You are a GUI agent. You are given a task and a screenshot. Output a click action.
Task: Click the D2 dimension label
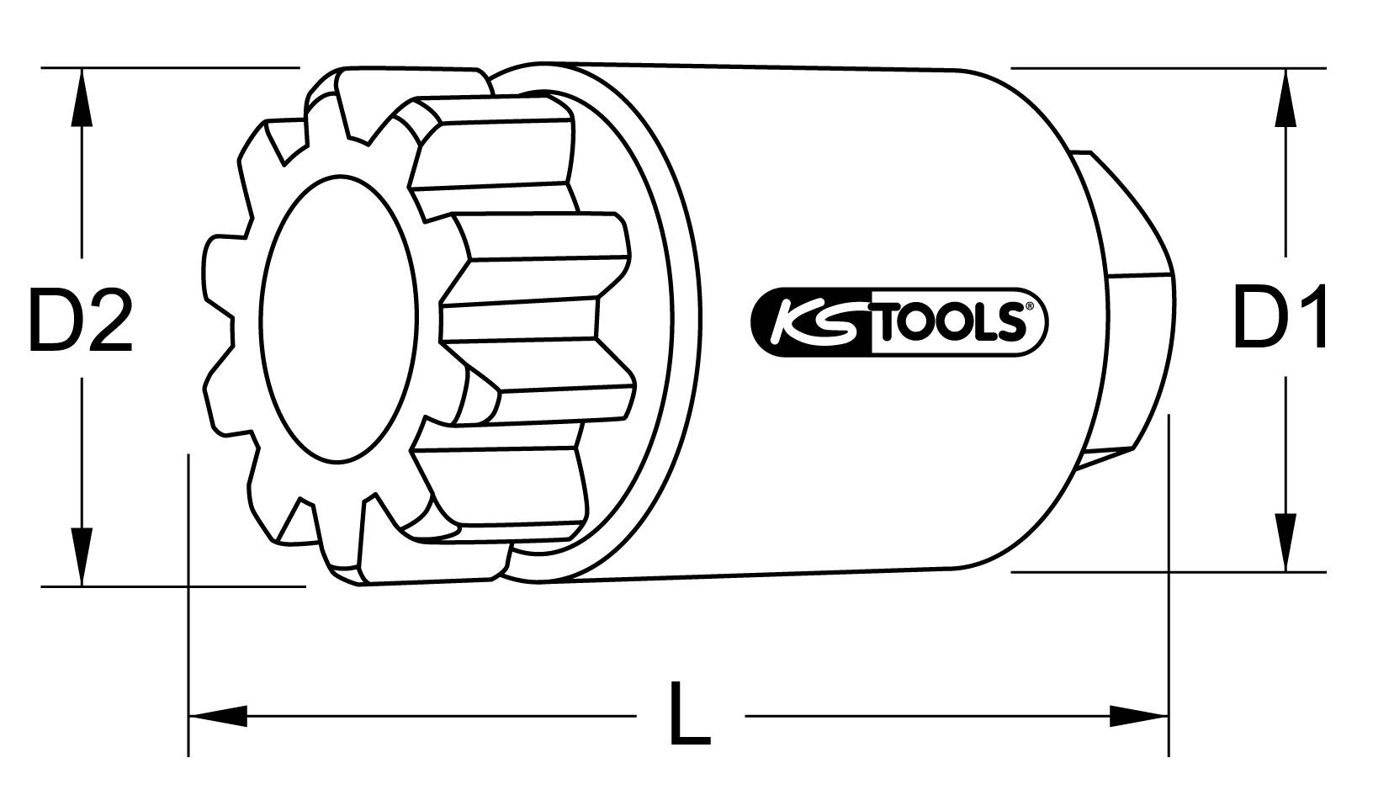pos(80,321)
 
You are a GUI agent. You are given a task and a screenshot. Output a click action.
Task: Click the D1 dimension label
pos(1280,317)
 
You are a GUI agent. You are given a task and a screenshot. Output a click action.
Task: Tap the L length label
pos(689,716)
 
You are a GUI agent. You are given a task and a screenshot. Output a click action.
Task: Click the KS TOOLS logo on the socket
pos(898,321)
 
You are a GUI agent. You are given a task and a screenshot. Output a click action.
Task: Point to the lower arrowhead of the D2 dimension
pos(81,555)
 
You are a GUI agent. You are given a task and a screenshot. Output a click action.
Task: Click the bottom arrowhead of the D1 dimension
pos(1285,543)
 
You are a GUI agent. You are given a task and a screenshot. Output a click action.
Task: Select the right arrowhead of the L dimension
pos(1139,717)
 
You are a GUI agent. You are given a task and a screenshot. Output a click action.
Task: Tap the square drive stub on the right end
pos(1127,303)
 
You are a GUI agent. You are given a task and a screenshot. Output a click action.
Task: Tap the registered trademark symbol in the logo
pos(1027,309)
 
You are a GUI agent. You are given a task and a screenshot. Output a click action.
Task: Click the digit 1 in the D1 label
pos(1307,317)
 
